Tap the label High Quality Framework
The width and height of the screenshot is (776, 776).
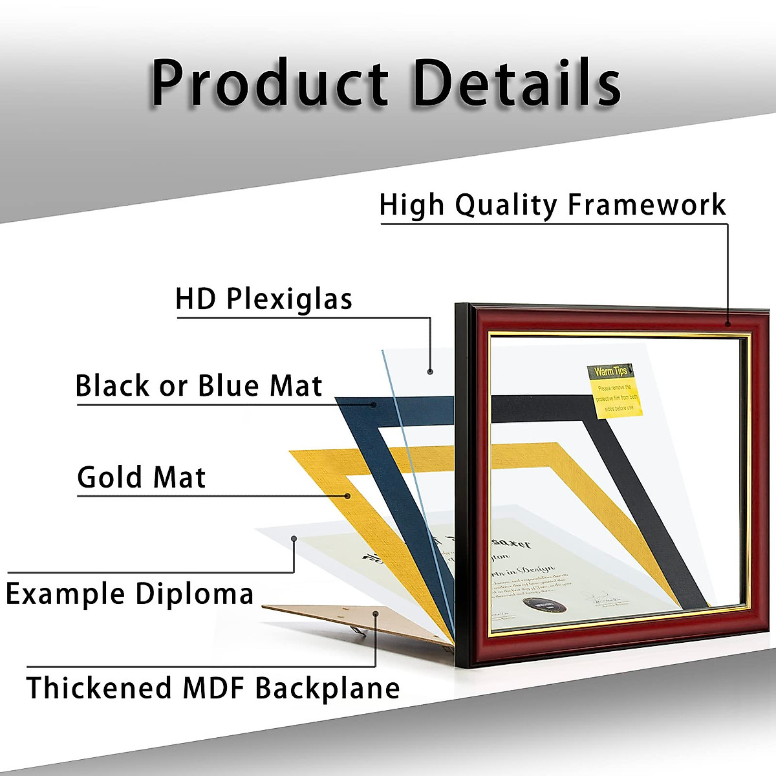552,205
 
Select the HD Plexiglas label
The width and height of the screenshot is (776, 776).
264,299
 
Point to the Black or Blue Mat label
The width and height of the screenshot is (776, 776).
199,386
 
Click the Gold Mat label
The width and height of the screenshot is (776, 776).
141,478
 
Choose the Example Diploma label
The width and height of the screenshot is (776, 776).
129,594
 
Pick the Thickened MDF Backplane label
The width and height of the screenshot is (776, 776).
213,687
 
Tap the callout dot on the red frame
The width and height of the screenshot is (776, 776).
727,324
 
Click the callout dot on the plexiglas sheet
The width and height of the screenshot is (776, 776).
430,371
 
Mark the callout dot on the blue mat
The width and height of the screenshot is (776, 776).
374,405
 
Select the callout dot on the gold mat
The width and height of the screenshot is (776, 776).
348,497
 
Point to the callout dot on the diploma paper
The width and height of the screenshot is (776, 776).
294,538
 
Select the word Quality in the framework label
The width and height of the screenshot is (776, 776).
506,205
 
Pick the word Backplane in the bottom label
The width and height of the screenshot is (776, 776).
327,687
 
